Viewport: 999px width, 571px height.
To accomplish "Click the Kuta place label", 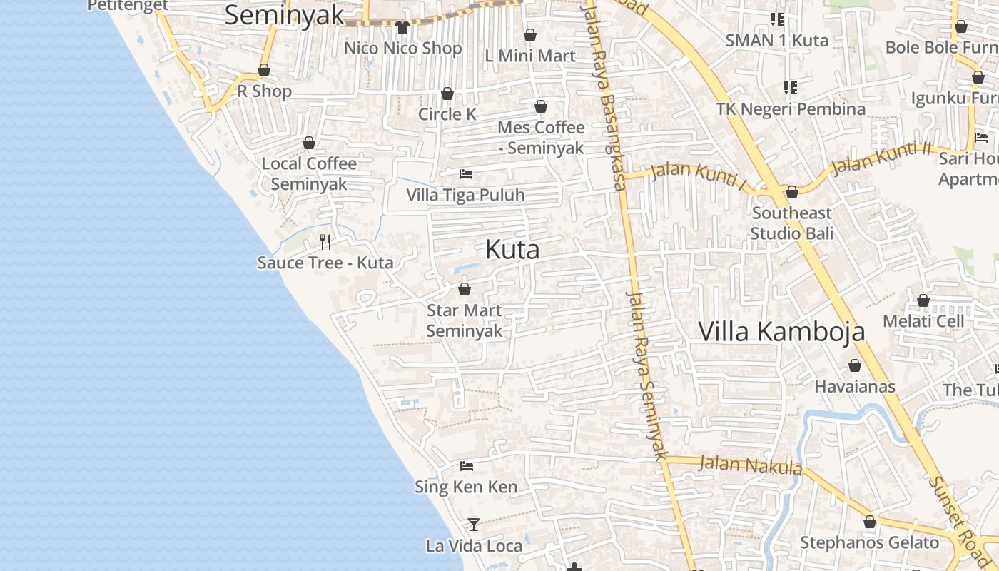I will click(512, 250).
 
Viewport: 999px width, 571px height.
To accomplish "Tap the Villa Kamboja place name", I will click(781, 332).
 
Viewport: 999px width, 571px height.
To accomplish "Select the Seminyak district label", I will click(284, 15).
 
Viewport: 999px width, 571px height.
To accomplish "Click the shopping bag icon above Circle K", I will click(447, 94).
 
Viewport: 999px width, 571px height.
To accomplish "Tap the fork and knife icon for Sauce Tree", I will click(325, 242).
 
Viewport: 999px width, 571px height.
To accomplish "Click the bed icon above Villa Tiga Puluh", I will click(466, 174).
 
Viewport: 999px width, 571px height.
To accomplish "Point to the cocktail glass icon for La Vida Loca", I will click(473, 525).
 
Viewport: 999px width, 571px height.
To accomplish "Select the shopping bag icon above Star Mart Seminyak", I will click(465, 289).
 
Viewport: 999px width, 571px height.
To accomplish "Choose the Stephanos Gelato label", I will click(869, 542).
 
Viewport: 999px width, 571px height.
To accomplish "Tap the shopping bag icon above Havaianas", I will click(855, 366).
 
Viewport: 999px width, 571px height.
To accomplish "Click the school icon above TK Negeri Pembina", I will click(790, 88).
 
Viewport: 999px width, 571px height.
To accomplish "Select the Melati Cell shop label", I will click(923, 321).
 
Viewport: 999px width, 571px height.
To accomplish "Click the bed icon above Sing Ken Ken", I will click(467, 466).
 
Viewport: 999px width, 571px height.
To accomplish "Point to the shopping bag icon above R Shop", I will click(264, 70).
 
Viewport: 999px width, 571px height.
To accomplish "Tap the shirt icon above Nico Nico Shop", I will click(402, 27).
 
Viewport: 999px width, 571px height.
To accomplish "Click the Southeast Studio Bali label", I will click(791, 223).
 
